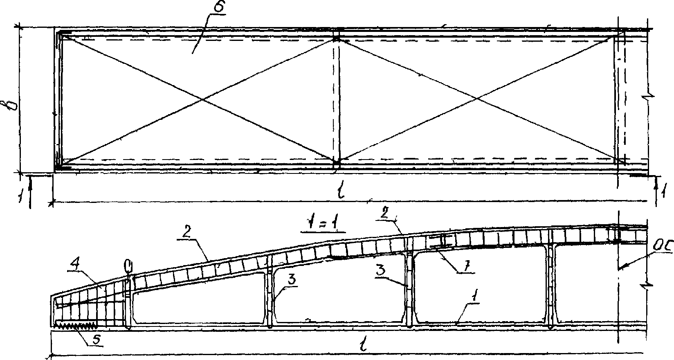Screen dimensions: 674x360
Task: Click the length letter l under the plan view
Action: click(x=341, y=191)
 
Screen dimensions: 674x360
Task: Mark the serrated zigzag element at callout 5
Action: click(x=76, y=326)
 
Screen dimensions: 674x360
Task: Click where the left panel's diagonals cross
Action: click(x=201, y=99)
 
